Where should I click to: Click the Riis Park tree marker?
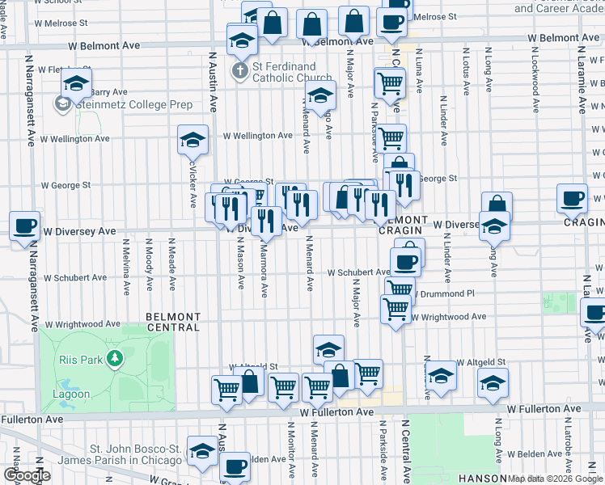coord(116,357)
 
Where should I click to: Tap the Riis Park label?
coord(79,359)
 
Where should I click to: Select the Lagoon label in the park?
coord(73,394)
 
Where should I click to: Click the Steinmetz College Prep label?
coord(134,104)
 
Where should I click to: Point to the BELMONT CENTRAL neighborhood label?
coord(173,322)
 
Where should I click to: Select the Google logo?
coord(27,476)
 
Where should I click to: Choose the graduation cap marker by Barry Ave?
coord(77,84)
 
